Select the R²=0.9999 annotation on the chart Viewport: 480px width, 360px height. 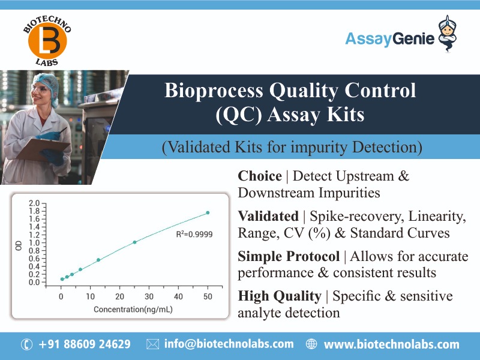point(194,234)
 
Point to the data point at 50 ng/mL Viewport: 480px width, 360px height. point(208,212)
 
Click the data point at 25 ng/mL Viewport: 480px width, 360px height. point(134,242)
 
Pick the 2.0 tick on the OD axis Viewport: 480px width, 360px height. point(35,203)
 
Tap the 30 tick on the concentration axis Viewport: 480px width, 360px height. point(149,297)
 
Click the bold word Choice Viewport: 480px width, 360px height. point(260,176)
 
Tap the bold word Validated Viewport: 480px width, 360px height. point(268,216)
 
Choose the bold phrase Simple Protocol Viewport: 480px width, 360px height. point(289,257)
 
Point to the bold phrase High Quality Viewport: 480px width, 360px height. point(279,296)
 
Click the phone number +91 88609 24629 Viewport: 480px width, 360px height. point(84,344)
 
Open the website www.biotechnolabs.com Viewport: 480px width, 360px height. point(391,344)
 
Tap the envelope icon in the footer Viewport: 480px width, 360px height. point(152,344)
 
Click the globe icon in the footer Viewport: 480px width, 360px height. point(311,344)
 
